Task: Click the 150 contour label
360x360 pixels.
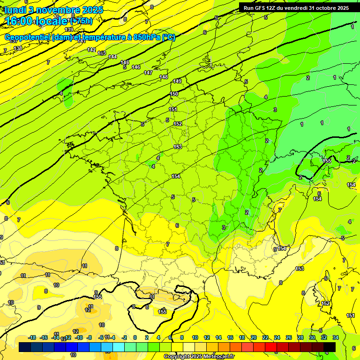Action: (x=174, y=94)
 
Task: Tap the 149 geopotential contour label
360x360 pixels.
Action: (x=177, y=82)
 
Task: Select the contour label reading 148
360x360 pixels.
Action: (x=164, y=77)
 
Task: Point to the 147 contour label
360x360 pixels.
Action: (x=148, y=73)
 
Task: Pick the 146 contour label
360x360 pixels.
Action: (x=136, y=67)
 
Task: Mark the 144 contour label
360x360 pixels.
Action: (x=112, y=57)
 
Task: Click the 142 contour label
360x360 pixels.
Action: (x=92, y=50)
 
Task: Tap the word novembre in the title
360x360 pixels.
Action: (x=56, y=9)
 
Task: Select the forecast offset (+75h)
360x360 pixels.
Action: (x=81, y=21)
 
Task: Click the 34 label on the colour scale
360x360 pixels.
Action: (x=336, y=337)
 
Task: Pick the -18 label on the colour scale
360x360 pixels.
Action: (x=32, y=337)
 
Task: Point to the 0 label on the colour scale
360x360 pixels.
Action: (x=135, y=337)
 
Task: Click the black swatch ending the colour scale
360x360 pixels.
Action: (x=330, y=347)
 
